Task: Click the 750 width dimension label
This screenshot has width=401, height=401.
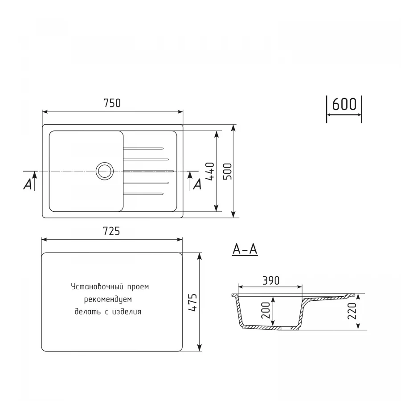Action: pos(112,103)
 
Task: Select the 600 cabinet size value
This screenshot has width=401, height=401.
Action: pos(344,104)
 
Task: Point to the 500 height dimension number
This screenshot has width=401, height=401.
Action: pos(227,171)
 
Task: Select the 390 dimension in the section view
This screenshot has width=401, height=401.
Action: pos(270,281)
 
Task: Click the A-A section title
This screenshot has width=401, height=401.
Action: pos(245,250)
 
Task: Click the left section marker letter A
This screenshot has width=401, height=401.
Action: pos(28,184)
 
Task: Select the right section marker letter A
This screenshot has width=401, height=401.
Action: pos(197,184)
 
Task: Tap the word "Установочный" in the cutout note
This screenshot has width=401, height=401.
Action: pos(94,287)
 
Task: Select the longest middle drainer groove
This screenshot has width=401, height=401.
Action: pos(149,170)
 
